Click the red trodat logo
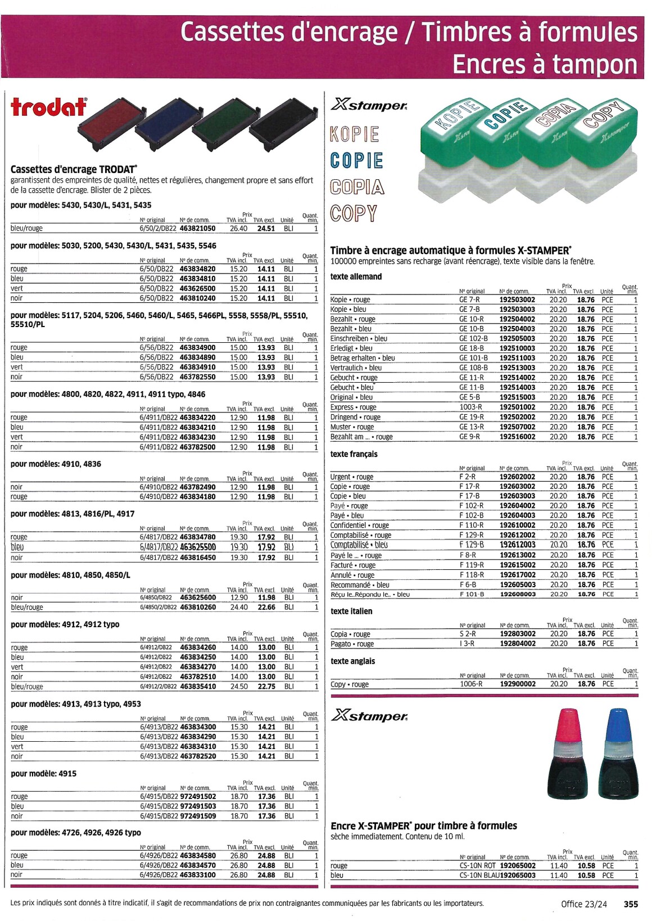point(49,107)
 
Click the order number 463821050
point(197,229)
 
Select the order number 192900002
point(518,684)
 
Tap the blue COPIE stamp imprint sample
point(356,161)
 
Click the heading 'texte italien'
point(351,611)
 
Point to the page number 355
point(631,904)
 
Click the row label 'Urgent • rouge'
point(352,477)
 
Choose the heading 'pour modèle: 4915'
point(44,774)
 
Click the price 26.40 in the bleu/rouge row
point(238,229)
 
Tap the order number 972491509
point(198,816)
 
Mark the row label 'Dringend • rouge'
point(355,418)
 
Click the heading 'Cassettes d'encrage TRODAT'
point(74,169)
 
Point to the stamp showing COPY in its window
point(604,146)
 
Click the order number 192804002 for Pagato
point(518,644)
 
